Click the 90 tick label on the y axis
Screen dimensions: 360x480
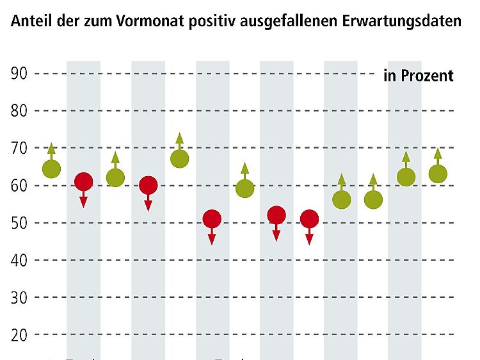click(19, 74)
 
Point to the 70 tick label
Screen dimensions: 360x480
click(19, 149)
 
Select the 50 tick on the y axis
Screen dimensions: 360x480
click(19, 224)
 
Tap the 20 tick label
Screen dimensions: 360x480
click(19, 335)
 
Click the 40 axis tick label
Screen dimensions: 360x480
click(19, 261)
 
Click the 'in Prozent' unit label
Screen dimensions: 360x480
click(419, 76)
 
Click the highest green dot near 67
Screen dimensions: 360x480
click(180, 158)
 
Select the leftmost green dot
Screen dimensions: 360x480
click(51, 169)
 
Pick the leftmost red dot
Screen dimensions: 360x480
click(83, 182)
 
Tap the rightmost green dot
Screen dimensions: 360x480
click(438, 174)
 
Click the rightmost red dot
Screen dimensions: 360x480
click(309, 219)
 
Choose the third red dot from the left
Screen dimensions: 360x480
click(212, 219)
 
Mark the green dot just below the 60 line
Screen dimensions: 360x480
click(244, 188)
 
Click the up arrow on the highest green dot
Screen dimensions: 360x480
click(180, 140)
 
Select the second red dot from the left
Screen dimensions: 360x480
click(148, 186)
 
